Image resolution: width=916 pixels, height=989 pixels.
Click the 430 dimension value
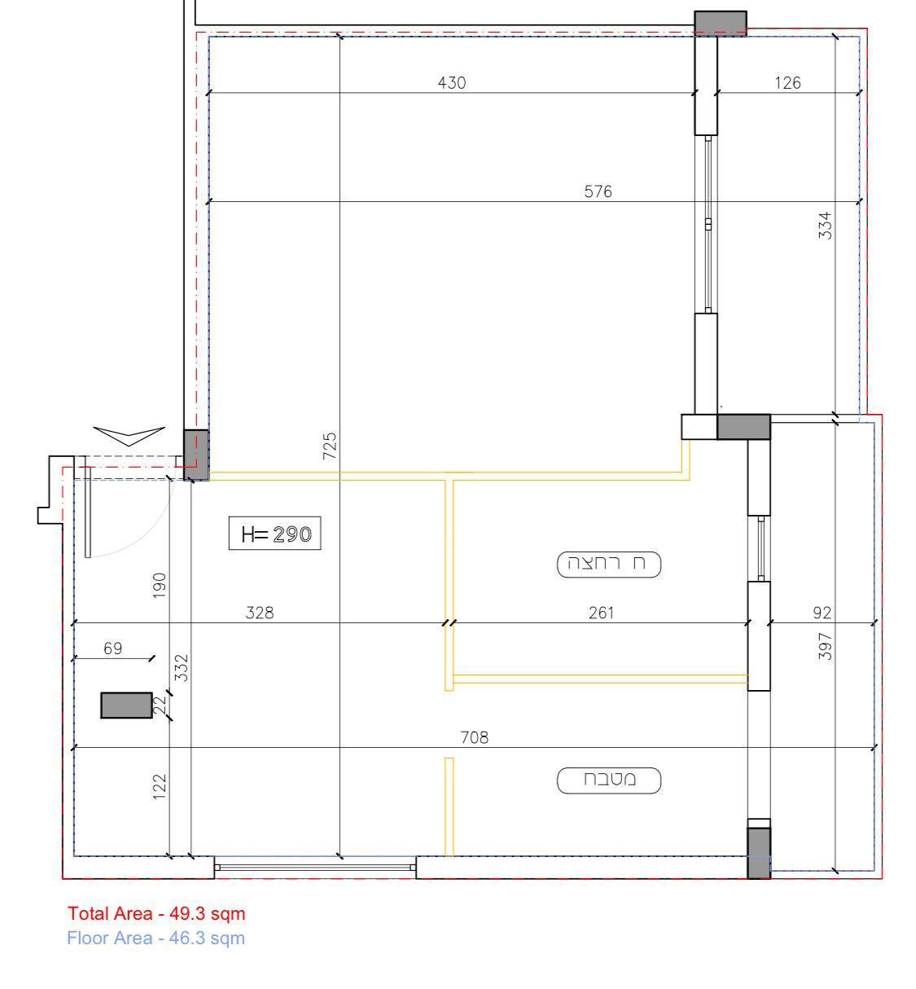point(452,82)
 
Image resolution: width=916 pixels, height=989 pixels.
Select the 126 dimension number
point(787,82)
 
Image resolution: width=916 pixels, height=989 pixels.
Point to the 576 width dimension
point(598,191)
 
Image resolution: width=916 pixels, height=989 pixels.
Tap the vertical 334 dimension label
point(825,226)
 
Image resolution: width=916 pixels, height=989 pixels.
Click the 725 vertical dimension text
point(330,446)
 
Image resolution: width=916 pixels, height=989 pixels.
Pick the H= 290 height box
point(275,534)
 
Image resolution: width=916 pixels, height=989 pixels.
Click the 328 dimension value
point(260,613)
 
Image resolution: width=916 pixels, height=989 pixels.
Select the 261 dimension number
point(601,613)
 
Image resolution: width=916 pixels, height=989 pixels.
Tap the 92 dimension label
point(822,613)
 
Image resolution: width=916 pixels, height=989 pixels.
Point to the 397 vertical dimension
point(825,646)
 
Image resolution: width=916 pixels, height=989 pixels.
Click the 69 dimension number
point(113,648)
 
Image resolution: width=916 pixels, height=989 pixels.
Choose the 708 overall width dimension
point(475,737)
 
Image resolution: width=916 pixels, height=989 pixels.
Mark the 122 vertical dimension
point(159,786)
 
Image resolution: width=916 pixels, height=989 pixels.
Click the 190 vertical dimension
point(159,585)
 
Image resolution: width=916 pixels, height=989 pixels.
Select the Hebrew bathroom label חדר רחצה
point(609,565)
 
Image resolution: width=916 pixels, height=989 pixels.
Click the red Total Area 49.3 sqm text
point(156,914)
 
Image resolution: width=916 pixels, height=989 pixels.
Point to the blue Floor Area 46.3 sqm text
point(156,938)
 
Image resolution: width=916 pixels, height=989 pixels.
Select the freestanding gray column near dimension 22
point(126,705)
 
